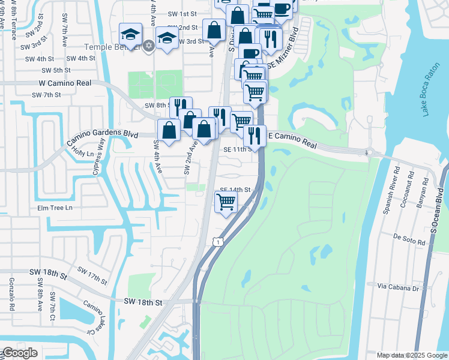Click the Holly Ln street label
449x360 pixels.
(x=83, y=154)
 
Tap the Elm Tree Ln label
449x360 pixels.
(x=55, y=208)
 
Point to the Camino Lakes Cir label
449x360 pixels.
(x=91, y=317)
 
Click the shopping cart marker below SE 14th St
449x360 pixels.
(x=226, y=201)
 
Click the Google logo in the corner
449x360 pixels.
(x=20, y=353)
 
